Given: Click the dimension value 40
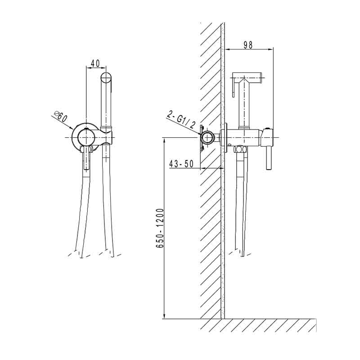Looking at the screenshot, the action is tap(95, 63).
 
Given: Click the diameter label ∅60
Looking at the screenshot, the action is tap(60, 117).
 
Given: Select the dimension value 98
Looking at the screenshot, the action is tap(248, 45).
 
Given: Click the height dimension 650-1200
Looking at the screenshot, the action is tap(160, 228).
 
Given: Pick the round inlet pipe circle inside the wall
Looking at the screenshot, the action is tap(208, 138).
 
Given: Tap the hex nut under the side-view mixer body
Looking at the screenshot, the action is tap(239, 149).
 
